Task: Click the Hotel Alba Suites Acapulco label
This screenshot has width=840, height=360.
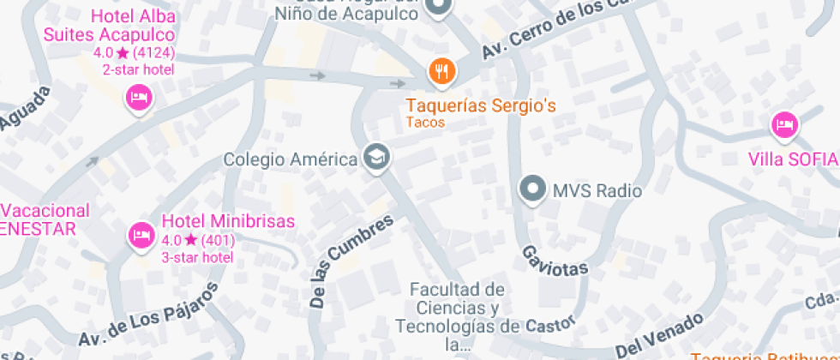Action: point(109,26)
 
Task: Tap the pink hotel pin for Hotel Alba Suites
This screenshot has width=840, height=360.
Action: point(139,98)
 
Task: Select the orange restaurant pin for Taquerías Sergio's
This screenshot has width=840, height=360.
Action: point(441,73)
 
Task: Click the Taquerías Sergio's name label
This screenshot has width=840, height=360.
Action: point(481,106)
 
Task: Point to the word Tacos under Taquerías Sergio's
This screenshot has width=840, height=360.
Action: point(426,123)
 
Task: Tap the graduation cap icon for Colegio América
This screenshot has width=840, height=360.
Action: point(375,158)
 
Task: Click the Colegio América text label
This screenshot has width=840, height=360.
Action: point(291,159)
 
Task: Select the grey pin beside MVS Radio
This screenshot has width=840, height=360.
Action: point(534,189)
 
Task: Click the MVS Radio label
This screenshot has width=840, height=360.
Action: point(597,190)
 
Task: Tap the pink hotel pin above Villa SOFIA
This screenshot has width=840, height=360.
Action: point(783,127)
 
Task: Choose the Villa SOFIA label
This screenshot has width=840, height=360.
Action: point(792,159)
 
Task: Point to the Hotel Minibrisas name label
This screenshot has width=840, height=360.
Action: point(228,220)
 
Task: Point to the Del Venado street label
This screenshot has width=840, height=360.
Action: point(659,338)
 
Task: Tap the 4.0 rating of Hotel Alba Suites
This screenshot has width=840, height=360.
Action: point(104,53)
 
